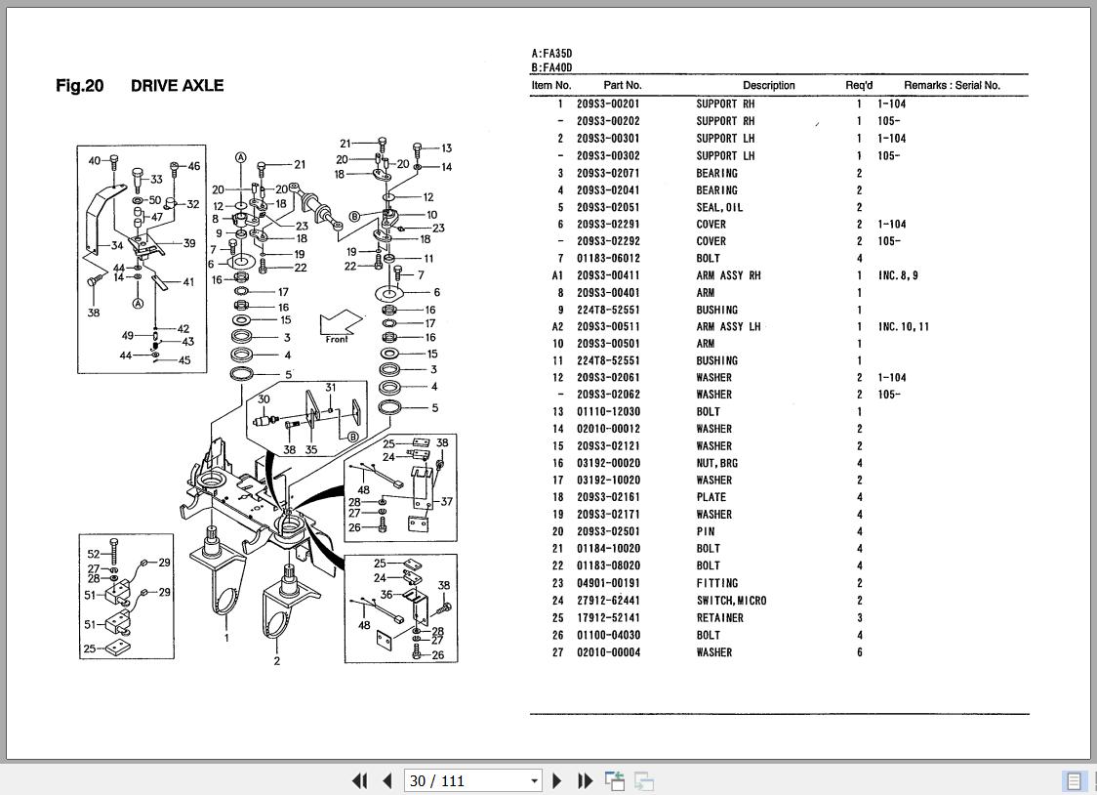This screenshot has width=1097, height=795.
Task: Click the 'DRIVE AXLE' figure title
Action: click(x=177, y=85)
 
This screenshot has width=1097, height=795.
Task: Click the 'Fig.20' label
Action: click(x=80, y=85)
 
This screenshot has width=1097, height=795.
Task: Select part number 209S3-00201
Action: click(x=608, y=104)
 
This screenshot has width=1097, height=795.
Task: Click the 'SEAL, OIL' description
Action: click(x=719, y=207)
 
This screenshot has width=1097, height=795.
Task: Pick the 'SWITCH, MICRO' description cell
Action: click(x=731, y=601)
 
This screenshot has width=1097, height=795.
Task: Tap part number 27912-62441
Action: click(x=608, y=601)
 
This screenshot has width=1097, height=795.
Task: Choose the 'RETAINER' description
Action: click(x=720, y=618)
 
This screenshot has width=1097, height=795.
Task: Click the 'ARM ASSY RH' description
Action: click(x=728, y=275)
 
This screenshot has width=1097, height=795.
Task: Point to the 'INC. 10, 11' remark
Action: click(x=904, y=327)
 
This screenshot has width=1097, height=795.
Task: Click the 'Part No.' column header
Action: click(x=622, y=85)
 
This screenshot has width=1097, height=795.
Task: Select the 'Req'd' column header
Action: click(x=859, y=85)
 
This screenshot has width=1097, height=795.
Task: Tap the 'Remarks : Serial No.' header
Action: click(x=952, y=85)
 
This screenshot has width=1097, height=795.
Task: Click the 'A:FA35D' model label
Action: click(x=552, y=53)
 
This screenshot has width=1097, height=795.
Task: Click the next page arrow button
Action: click(x=557, y=780)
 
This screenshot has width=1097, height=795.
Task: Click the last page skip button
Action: click(x=585, y=780)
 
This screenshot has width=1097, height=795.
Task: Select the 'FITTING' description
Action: click(x=717, y=583)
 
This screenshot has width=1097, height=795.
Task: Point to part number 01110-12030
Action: click(x=608, y=412)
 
